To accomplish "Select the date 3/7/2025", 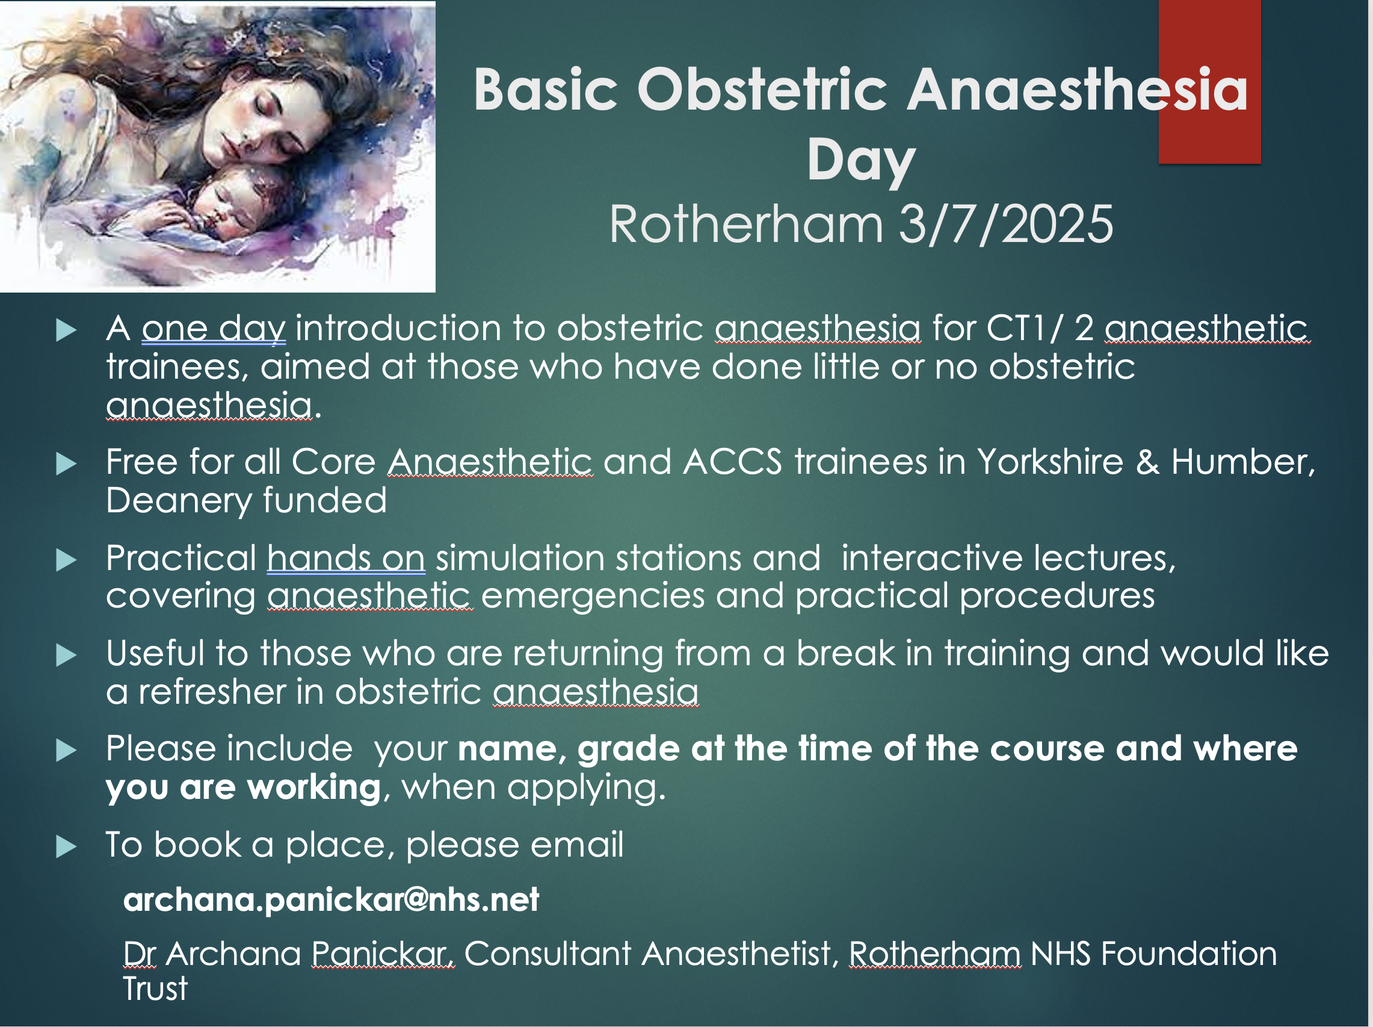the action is pyautogui.click(x=1006, y=224).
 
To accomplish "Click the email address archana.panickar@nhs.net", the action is pyautogui.click(x=331, y=899).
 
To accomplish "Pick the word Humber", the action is pyautogui.click(x=1242, y=462).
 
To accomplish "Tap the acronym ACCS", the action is pyautogui.click(x=732, y=462).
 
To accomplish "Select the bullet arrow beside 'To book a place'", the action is pyautogui.click(x=66, y=846).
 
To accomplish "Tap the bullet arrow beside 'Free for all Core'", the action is pyautogui.click(x=66, y=464).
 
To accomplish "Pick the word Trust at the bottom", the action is pyautogui.click(x=155, y=988).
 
